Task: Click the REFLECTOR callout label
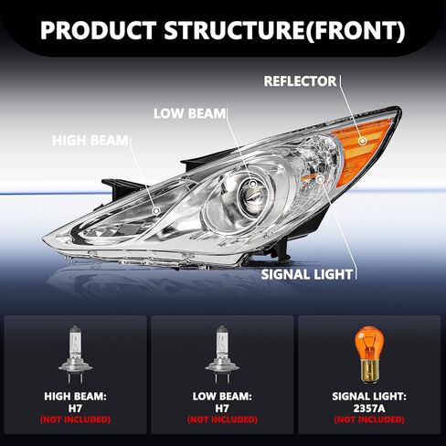[300, 81]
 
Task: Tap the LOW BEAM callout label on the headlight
[189, 113]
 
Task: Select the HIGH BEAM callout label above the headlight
[90, 141]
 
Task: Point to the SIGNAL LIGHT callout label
[307, 274]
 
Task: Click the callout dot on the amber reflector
[362, 141]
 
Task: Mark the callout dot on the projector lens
[253, 184]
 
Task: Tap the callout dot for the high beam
[156, 210]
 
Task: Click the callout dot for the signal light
[320, 179]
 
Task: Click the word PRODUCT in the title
[99, 30]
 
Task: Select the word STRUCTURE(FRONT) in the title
[285, 30]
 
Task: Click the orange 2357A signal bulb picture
[369, 354]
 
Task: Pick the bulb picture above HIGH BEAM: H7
[75, 355]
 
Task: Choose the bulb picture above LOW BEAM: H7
[222, 355]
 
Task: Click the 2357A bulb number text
[369, 409]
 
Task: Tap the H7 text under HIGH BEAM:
[75, 409]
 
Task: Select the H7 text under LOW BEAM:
[222, 409]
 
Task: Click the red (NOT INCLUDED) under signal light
[369, 419]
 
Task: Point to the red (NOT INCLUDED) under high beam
[75, 419]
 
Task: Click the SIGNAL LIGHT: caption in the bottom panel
[369, 397]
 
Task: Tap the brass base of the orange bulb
[369, 371]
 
